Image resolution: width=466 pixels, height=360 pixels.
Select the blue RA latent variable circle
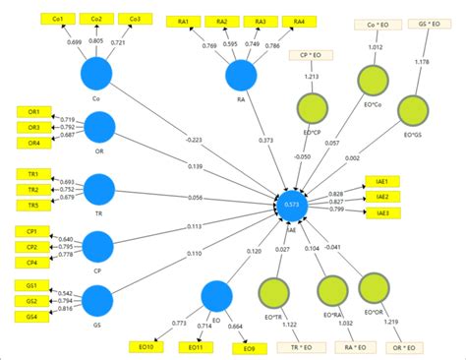point(241,76)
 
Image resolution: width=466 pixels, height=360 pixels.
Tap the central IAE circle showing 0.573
point(291,206)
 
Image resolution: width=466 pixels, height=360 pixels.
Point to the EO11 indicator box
point(193,346)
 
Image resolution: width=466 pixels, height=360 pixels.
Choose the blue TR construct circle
point(99,189)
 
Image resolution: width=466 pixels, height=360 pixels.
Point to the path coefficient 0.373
point(265,140)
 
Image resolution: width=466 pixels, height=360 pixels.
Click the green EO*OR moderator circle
point(374,291)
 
